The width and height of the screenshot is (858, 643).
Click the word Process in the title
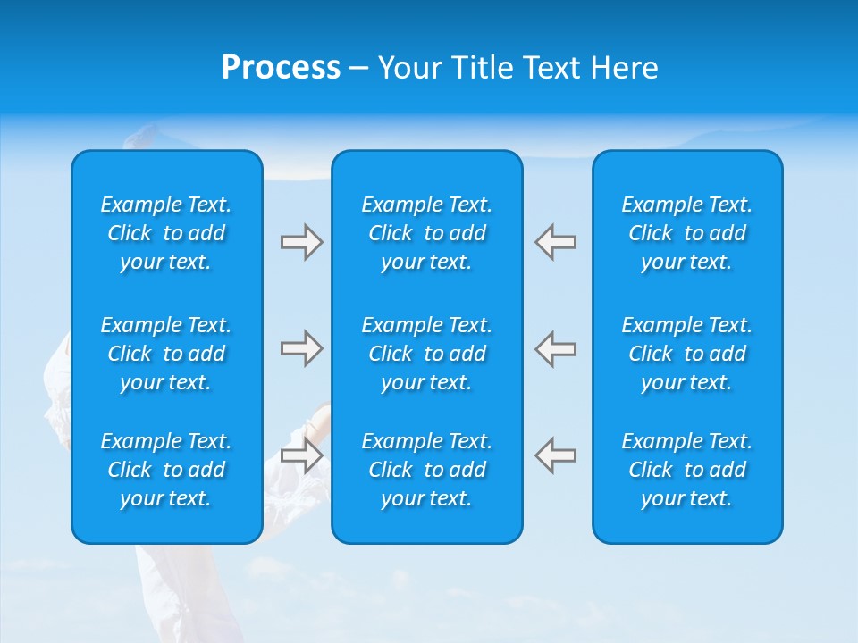tap(281, 68)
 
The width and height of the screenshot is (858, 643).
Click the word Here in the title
tap(625, 68)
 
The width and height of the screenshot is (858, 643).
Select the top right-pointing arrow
tap(301, 242)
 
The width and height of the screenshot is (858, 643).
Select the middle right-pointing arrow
tap(301, 348)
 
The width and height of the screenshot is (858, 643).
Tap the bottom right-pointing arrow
tap(301, 455)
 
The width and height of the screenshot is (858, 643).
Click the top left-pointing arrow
tap(555, 242)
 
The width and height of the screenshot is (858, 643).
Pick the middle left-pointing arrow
tap(555, 348)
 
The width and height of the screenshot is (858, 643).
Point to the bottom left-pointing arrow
tap(555, 455)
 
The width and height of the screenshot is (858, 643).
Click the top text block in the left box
tap(166, 233)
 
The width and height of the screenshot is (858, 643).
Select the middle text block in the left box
tap(166, 354)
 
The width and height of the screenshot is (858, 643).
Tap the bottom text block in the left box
tap(166, 470)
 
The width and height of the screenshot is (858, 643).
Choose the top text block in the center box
tap(427, 233)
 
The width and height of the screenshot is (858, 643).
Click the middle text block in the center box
tap(427, 354)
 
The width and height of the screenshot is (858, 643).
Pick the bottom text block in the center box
tap(427, 470)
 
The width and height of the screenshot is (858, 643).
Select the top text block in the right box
tap(687, 233)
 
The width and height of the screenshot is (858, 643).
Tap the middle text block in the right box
tap(687, 354)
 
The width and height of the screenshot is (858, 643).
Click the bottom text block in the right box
tap(687, 470)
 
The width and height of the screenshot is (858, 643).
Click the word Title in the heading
tap(484, 68)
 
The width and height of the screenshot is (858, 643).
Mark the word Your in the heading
tap(412, 68)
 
